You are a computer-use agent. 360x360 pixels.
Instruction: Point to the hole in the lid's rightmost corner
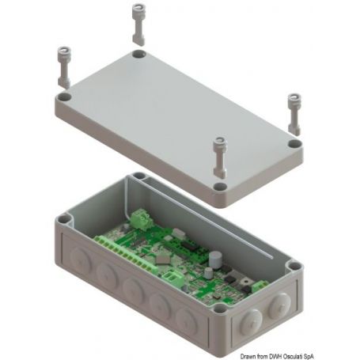294,146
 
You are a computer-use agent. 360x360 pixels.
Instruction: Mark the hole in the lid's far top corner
138,56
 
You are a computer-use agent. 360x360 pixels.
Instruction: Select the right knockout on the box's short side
282,304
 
